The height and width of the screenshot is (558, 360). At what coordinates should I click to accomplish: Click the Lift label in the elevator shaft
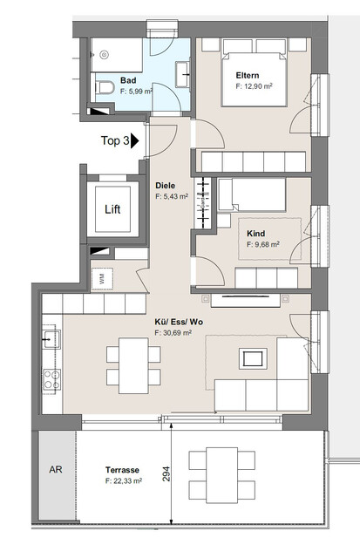pyautogui.click(x=112, y=208)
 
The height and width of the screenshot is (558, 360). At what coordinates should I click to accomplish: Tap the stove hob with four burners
pyautogui.click(x=51, y=380)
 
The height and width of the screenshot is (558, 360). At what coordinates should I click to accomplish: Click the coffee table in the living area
pyautogui.click(x=253, y=357)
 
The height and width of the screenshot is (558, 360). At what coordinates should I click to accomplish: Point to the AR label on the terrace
pyautogui.click(x=54, y=469)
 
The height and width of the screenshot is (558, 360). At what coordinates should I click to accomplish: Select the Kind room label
pyautogui.click(x=255, y=235)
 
